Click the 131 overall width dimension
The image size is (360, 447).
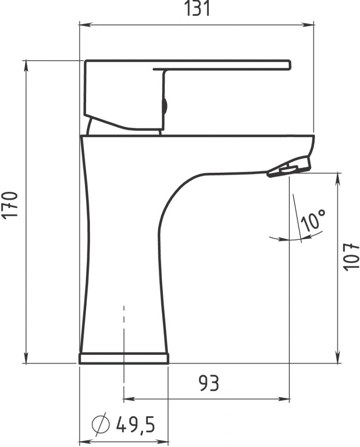pyautogui.click(x=198, y=8)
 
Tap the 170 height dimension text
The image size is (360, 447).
pyautogui.click(x=10, y=205)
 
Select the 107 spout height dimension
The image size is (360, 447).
pyautogui.click(x=350, y=257)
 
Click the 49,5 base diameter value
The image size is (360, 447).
pyautogui.click(x=135, y=424)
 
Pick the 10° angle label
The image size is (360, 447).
pyautogui.click(x=312, y=220)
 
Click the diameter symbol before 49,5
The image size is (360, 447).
pyautogui.click(x=101, y=424)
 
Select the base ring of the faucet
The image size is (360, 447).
pyautogui.click(x=124, y=359)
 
